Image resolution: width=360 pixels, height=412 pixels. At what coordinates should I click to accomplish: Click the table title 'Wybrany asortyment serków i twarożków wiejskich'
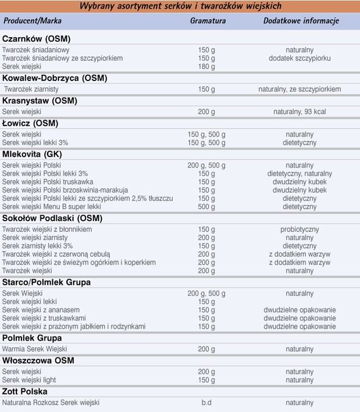tap(180, 6)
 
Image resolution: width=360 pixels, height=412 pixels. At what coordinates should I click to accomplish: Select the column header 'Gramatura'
tap(208, 21)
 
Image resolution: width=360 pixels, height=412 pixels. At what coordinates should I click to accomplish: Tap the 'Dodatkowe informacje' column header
tap(301, 21)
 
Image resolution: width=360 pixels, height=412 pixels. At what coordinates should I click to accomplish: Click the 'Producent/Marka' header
tap(32, 21)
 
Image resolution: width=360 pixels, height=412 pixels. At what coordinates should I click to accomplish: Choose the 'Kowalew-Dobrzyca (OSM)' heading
tap(55, 78)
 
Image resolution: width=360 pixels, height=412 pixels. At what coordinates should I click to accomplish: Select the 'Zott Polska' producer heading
tap(25, 391)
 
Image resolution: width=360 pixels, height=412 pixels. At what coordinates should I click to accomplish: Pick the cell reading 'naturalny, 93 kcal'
tap(299, 112)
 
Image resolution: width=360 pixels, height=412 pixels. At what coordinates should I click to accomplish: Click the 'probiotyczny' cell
tap(300, 230)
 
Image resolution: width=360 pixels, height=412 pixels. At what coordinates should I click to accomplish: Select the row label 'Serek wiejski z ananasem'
tap(41, 310)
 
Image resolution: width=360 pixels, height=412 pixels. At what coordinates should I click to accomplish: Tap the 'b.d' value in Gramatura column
tap(206, 403)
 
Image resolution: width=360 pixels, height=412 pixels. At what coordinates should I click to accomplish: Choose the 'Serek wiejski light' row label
tap(29, 380)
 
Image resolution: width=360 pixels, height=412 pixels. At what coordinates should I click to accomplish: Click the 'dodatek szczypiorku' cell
tap(300, 58)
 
